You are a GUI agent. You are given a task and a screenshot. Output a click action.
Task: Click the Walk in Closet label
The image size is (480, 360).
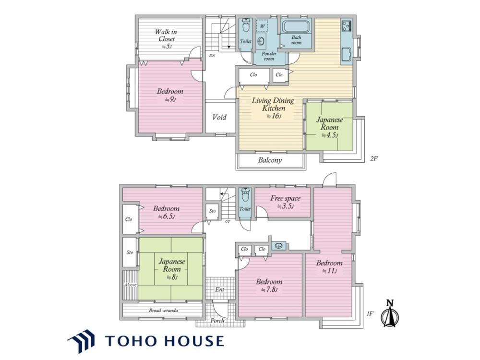pyautogui.click(x=167, y=39)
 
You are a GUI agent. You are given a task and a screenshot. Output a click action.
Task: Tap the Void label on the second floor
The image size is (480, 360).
pyautogui.click(x=219, y=117)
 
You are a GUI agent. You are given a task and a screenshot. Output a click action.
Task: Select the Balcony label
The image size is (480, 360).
pyautogui.click(x=270, y=160)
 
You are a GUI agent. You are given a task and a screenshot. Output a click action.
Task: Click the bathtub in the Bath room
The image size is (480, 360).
pyautogui.click(x=296, y=26)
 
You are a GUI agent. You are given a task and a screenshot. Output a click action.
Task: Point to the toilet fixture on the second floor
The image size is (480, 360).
pyautogui.click(x=245, y=25)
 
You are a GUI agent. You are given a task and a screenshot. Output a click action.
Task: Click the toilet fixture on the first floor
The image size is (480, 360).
pyautogui.click(x=245, y=195)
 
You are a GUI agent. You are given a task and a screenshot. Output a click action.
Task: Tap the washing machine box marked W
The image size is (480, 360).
pyautogui.click(x=263, y=26)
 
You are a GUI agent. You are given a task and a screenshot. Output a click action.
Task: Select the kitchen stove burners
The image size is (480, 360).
pyautogui.click(x=347, y=25)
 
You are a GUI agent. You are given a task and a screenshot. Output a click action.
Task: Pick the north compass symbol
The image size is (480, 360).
pyautogui.click(x=389, y=313)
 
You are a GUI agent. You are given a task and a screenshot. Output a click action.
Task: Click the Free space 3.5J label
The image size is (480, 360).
pyautogui.click(x=285, y=202)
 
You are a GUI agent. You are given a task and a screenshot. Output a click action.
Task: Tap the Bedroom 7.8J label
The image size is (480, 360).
pyautogui.click(x=269, y=285)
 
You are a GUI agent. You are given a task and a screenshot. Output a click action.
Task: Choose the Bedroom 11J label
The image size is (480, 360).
pyautogui.click(x=329, y=266)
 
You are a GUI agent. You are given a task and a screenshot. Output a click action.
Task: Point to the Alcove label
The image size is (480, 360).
pyautogui.click(x=130, y=285)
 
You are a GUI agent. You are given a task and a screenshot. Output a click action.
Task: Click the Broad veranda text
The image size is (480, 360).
pyautogui.click(x=164, y=310)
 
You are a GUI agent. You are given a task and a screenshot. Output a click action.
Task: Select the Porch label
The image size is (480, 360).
pyautogui.click(x=217, y=321)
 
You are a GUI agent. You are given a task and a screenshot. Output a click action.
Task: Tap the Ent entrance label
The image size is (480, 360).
pyautogui.click(x=220, y=289)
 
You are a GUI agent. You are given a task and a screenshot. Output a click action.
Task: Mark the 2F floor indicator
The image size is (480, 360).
pyautogui.click(x=374, y=158)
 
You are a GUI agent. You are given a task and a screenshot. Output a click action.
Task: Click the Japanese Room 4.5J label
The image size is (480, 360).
pyautogui.click(x=329, y=127)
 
